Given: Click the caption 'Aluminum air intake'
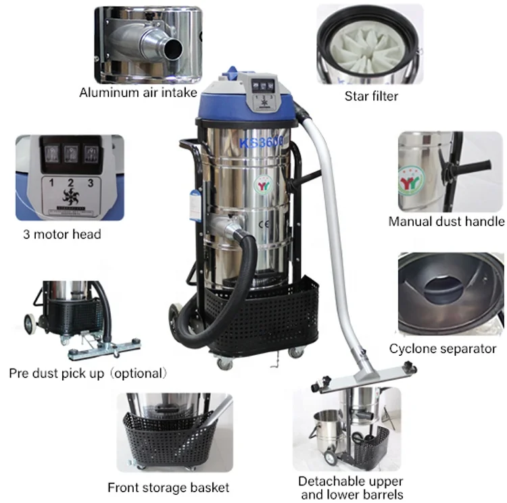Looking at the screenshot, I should tap(138, 92).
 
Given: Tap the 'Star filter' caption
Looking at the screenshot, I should tap(371, 95).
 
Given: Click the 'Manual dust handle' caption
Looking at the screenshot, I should tap(446, 221).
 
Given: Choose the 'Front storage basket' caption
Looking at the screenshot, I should tap(168, 487).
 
